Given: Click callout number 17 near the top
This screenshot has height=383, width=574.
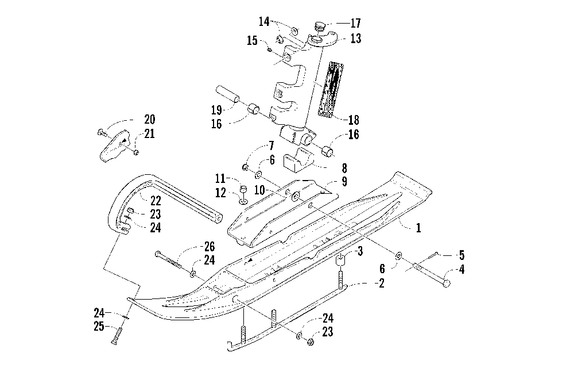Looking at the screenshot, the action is [355, 23].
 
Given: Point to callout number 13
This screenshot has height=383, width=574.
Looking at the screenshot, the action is [355, 38].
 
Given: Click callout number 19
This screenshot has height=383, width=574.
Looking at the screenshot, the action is [216, 109].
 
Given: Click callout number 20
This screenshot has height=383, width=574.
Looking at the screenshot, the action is [149, 119].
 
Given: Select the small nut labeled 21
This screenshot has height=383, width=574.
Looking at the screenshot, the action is [136, 152].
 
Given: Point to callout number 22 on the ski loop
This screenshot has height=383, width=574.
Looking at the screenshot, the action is [156, 201].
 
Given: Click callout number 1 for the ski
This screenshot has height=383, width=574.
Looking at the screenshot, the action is [418, 228].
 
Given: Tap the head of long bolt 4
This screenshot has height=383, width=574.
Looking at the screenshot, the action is [446, 283].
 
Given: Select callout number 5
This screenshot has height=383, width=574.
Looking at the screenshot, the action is [461, 255].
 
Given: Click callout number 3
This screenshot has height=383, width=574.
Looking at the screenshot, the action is [360, 251].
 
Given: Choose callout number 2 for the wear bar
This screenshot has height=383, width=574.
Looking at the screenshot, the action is [381, 283].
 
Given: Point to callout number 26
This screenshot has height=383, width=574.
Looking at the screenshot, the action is [209, 246].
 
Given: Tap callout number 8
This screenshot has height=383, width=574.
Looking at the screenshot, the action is [344, 168].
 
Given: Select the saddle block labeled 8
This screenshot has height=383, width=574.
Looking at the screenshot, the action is [298, 161].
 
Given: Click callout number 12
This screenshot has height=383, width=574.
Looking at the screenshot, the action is [220, 193].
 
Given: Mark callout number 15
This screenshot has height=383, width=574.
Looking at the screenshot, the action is [252, 40].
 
